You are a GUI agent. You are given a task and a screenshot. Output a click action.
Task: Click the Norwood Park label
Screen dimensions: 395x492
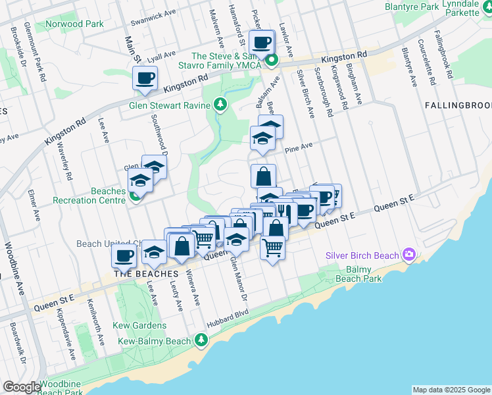tap(75, 24)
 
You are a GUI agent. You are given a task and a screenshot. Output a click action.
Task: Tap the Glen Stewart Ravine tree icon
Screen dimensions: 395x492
tap(220, 105)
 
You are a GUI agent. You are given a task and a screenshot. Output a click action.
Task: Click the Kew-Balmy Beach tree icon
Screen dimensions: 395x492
tap(201, 340)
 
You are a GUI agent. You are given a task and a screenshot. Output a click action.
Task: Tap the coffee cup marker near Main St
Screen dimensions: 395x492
tap(144, 78)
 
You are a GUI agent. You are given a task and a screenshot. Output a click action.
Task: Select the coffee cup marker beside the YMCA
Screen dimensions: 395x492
tap(262, 42)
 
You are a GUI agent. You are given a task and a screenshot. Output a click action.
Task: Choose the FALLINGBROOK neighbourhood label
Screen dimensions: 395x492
tap(458, 105)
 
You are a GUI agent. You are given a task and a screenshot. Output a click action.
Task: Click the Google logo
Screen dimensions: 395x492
tap(22, 388)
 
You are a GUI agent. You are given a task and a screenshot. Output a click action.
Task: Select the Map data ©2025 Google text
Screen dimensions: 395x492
tap(451, 390)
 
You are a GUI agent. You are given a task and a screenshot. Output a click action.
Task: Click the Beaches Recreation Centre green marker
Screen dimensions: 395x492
tap(135, 195)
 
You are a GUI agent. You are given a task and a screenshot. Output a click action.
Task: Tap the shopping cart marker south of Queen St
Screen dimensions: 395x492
tap(272, 248)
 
